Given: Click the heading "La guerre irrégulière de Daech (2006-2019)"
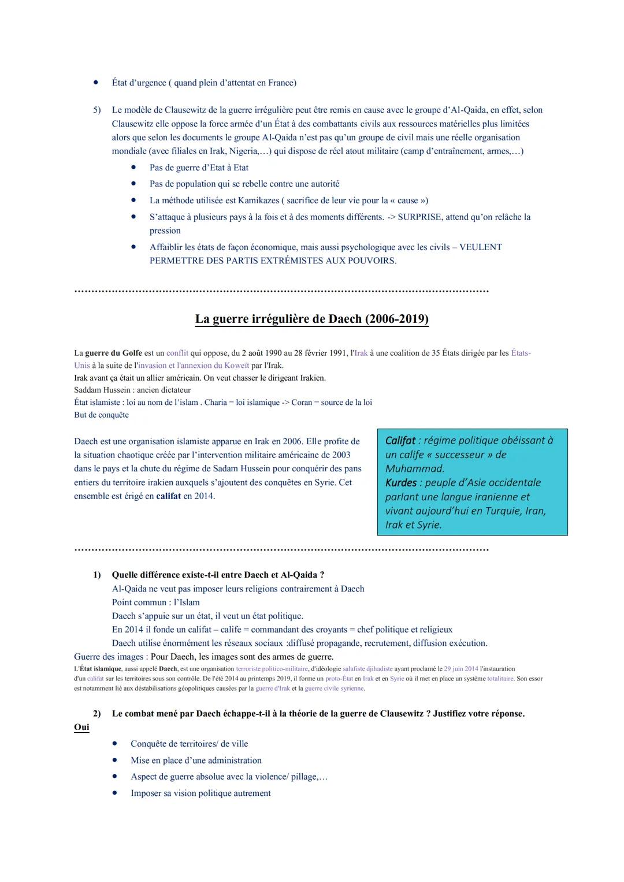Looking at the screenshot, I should click(x=311, y=319).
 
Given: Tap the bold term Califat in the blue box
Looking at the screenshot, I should click(x=400, y=441).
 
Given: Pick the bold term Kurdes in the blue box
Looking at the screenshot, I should click(x=401, y=483).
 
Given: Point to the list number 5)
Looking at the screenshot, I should click(x=97, y=110).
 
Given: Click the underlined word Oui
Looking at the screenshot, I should click(x=81, y=727).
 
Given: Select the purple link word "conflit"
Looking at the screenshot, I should click(x=177, y=353).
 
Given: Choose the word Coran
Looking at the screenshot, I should click(x=302, y=403).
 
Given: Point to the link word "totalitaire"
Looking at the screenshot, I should click(x=500, y=679).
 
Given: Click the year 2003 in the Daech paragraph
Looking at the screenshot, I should click(x=341, y=455).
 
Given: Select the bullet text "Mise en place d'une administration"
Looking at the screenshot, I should click(x=196, y=761).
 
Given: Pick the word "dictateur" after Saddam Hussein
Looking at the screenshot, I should click(x=174, y=390).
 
